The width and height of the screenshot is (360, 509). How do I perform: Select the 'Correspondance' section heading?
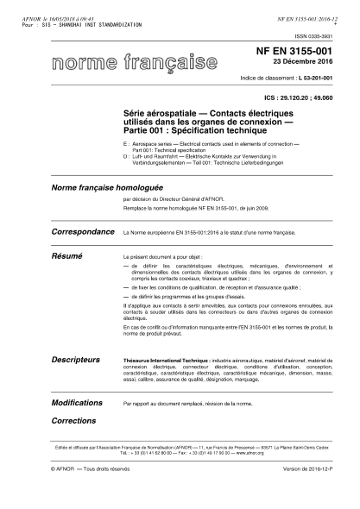click(83, 232)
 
